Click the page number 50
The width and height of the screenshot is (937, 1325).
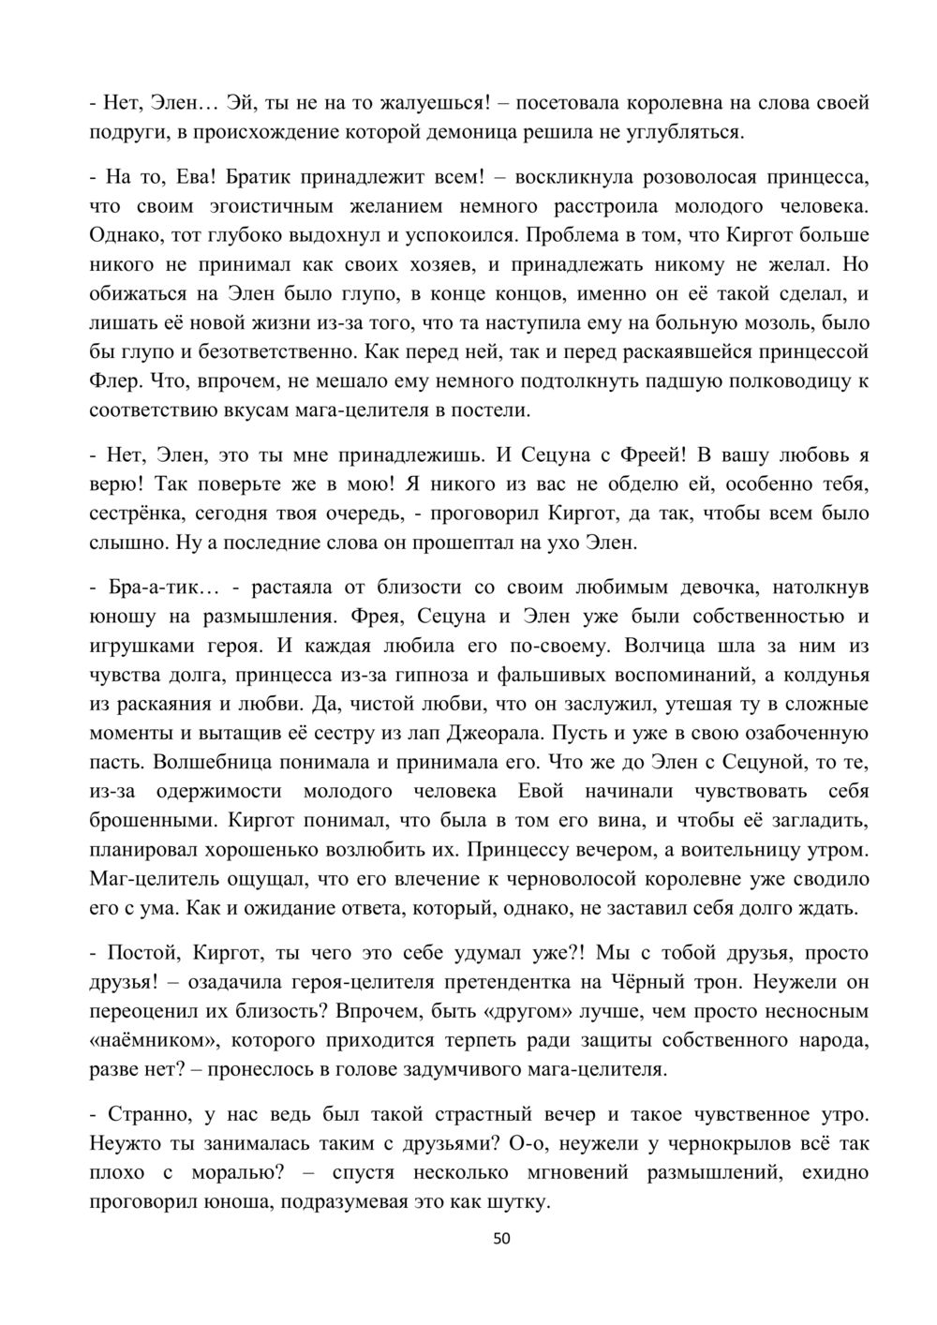pos(501,1239)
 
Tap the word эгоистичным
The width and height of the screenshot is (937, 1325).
pos(258,205)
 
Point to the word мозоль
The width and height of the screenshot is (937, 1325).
pos(775,323)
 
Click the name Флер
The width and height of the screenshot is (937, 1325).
pos(112,381)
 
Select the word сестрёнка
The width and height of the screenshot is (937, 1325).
pos(131,514)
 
